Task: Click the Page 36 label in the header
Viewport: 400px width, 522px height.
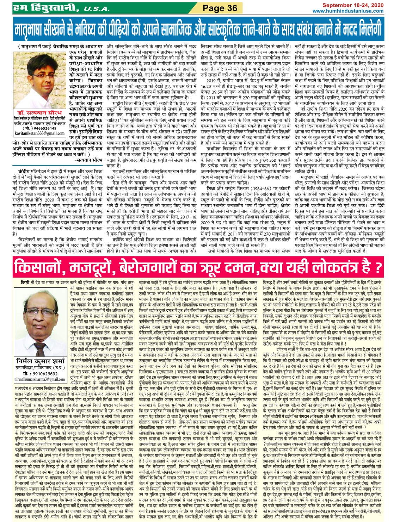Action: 220,8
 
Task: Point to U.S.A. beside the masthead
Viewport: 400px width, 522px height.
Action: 95,9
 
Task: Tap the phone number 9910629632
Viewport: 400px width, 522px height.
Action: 42,373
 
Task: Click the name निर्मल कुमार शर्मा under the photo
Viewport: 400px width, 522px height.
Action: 41,361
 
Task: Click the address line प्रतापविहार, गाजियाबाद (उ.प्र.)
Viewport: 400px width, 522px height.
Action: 40,367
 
